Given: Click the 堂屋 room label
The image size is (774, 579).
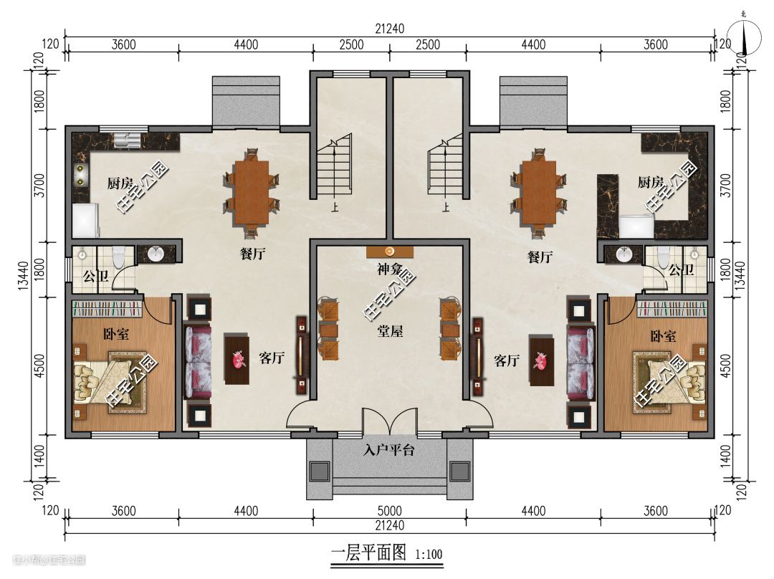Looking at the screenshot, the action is pos(390,331).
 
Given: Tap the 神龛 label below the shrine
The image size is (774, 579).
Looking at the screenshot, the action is pos(390,269).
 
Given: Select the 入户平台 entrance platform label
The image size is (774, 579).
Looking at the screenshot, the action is pos(389,450).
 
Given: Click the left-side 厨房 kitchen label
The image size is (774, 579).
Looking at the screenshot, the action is pos(120,183).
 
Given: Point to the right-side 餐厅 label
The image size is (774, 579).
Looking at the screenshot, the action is pos(540,257).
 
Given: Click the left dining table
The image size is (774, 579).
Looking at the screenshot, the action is pos(252,193).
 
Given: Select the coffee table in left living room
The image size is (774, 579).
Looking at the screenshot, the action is pos(236,359).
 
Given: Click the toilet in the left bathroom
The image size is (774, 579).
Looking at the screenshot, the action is pos(118,257).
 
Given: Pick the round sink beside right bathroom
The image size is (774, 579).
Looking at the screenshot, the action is pos(624,254).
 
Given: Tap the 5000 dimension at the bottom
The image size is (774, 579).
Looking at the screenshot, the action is pos(389,510).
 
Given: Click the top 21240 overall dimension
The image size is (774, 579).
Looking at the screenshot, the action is pos(389,29).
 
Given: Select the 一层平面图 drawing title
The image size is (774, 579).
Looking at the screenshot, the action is pos(368,552).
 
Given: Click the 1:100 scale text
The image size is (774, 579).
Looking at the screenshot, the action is pos(429,555).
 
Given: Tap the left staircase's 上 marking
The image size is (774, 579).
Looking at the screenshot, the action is pos(335,207).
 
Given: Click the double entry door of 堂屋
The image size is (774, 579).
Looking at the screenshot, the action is pos(390,422).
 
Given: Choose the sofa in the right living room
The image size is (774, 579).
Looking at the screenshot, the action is pos(580,363).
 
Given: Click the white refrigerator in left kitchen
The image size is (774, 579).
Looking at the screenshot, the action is pos(85,221).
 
